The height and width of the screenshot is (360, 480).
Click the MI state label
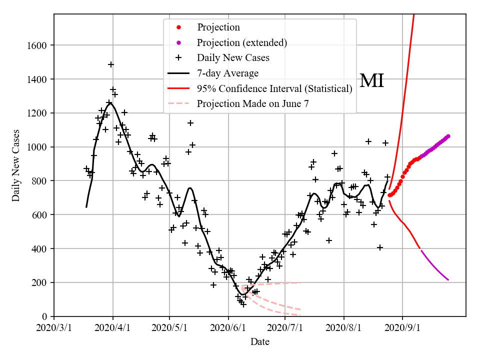coord(371,80)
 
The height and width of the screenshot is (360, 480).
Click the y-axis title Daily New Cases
coord(16,165)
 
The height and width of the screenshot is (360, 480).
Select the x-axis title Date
coord(260,342)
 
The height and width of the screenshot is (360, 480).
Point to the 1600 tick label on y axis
coord(36,45)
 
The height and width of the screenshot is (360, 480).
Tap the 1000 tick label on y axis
coord(36,147)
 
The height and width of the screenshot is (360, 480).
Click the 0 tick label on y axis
coord(44,316)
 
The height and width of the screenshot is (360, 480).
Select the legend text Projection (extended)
coord(242,42)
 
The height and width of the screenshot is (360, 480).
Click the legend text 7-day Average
coord(227,73)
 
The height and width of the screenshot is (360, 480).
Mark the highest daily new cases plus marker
coord(111,64)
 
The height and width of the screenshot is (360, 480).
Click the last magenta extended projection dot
coord(448,136)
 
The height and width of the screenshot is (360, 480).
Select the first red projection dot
coord(389,195)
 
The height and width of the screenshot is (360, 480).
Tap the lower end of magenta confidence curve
coord(448,280)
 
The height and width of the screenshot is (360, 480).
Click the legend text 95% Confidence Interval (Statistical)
coord(274,89)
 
